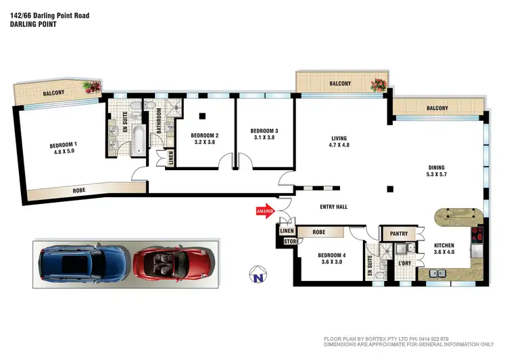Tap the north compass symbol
coord(256,276)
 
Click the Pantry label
coord(399,234)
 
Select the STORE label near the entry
coord(291,240)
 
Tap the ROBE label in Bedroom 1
coord(79,191)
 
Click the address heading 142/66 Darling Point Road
coord(49,15)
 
